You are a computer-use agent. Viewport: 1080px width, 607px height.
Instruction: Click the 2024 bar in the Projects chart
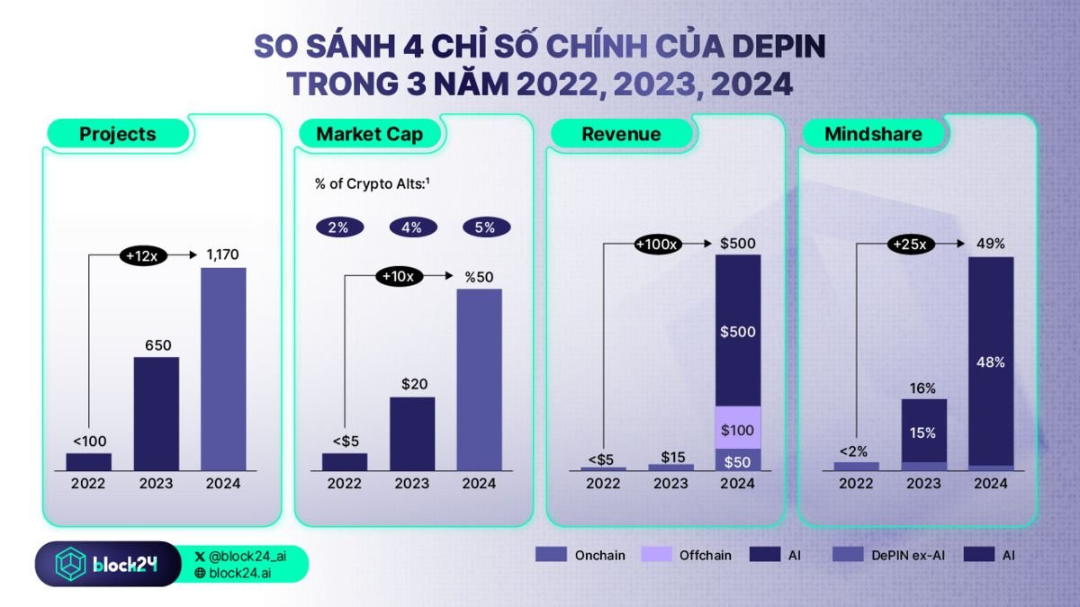click(x=223, y=369)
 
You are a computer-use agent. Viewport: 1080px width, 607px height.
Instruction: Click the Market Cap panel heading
click(x=369, y=134)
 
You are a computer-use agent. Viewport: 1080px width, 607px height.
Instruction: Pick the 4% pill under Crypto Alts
click(x=412, y=228)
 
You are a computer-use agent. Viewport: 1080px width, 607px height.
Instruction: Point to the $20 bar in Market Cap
click(x=412, y=433)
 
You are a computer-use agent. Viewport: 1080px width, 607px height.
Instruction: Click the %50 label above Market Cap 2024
click(x=479, y=277)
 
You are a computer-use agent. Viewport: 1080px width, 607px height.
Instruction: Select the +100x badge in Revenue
click(x=658, y=244)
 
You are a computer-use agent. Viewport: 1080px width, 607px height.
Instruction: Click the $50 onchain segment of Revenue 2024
click(x=737, y=460)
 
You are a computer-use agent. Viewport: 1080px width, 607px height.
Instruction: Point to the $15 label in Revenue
click(x=671, y=456)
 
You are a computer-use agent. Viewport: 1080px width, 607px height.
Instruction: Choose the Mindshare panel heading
click(x=873, y=134)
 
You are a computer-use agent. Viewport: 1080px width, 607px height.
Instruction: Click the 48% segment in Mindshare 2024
click(x=991, y=362)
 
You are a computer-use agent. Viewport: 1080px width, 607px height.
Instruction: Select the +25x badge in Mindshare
click(x=913, y=244)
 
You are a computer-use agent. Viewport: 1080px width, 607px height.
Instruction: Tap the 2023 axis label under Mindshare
click(x=923, y=483)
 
